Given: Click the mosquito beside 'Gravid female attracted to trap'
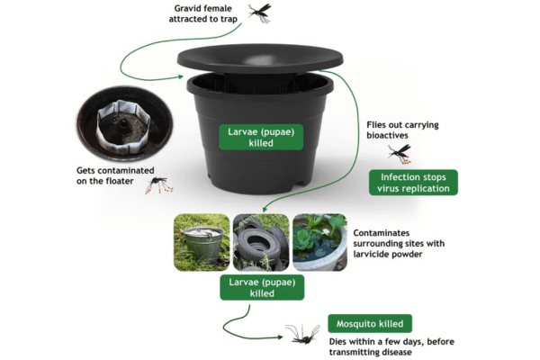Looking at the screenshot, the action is point(260,13).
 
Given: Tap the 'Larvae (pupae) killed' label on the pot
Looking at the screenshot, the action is point(261,137).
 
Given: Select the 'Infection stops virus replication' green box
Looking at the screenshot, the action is point(413,183).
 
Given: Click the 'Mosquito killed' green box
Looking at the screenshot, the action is point(370,323).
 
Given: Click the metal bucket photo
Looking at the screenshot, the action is point(202,242).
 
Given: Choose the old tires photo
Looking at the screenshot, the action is point(261,242).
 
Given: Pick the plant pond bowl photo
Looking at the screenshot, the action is point(319,242).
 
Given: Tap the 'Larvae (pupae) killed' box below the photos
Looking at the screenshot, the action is point(262,287).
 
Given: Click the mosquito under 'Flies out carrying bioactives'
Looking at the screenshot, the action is point(400,153).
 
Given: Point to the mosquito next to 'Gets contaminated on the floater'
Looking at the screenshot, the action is point(158,185).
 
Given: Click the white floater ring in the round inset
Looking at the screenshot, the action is point(123,127).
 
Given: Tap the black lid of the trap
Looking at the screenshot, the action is point(260,58).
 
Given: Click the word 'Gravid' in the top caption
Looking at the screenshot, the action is point(188,8).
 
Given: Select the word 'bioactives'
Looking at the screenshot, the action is point(387,135).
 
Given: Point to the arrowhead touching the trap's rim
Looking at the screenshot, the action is point(181,76).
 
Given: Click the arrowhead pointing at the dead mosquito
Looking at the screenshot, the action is point(280,337).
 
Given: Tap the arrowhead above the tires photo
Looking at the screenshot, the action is point(265,209).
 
